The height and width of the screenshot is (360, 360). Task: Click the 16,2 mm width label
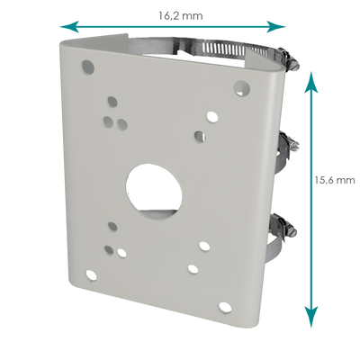181,15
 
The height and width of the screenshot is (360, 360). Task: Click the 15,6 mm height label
335,180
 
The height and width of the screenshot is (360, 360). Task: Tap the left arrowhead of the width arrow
69,27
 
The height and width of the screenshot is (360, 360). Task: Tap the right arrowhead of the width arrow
275,27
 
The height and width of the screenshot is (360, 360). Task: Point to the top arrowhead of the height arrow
311,82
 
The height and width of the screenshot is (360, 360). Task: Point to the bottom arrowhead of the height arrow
311,317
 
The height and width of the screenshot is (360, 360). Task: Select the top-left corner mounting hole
88,67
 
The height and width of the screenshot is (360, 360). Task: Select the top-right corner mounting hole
242,87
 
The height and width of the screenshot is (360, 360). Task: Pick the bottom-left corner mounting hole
91,274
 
